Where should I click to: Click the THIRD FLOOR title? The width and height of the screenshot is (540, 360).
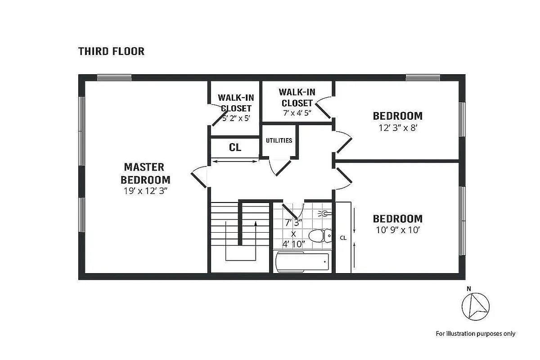coord(111,51)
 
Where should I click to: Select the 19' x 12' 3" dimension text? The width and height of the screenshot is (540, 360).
coord(144,191)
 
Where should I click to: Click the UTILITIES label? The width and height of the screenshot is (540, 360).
coord(279,140)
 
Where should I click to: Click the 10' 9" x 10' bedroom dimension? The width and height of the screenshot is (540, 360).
coord(397,230)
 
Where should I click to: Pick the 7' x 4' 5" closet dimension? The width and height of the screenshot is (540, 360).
coord(297,112)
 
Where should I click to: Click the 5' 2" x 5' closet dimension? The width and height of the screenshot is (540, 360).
coord(236,119)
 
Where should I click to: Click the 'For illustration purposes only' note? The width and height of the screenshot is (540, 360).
coord(475,333)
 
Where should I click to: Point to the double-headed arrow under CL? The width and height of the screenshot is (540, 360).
coord(235,161)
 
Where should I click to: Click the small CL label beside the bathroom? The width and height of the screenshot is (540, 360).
coord(343,238)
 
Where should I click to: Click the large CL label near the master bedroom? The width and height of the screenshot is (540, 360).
coord(235,148)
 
